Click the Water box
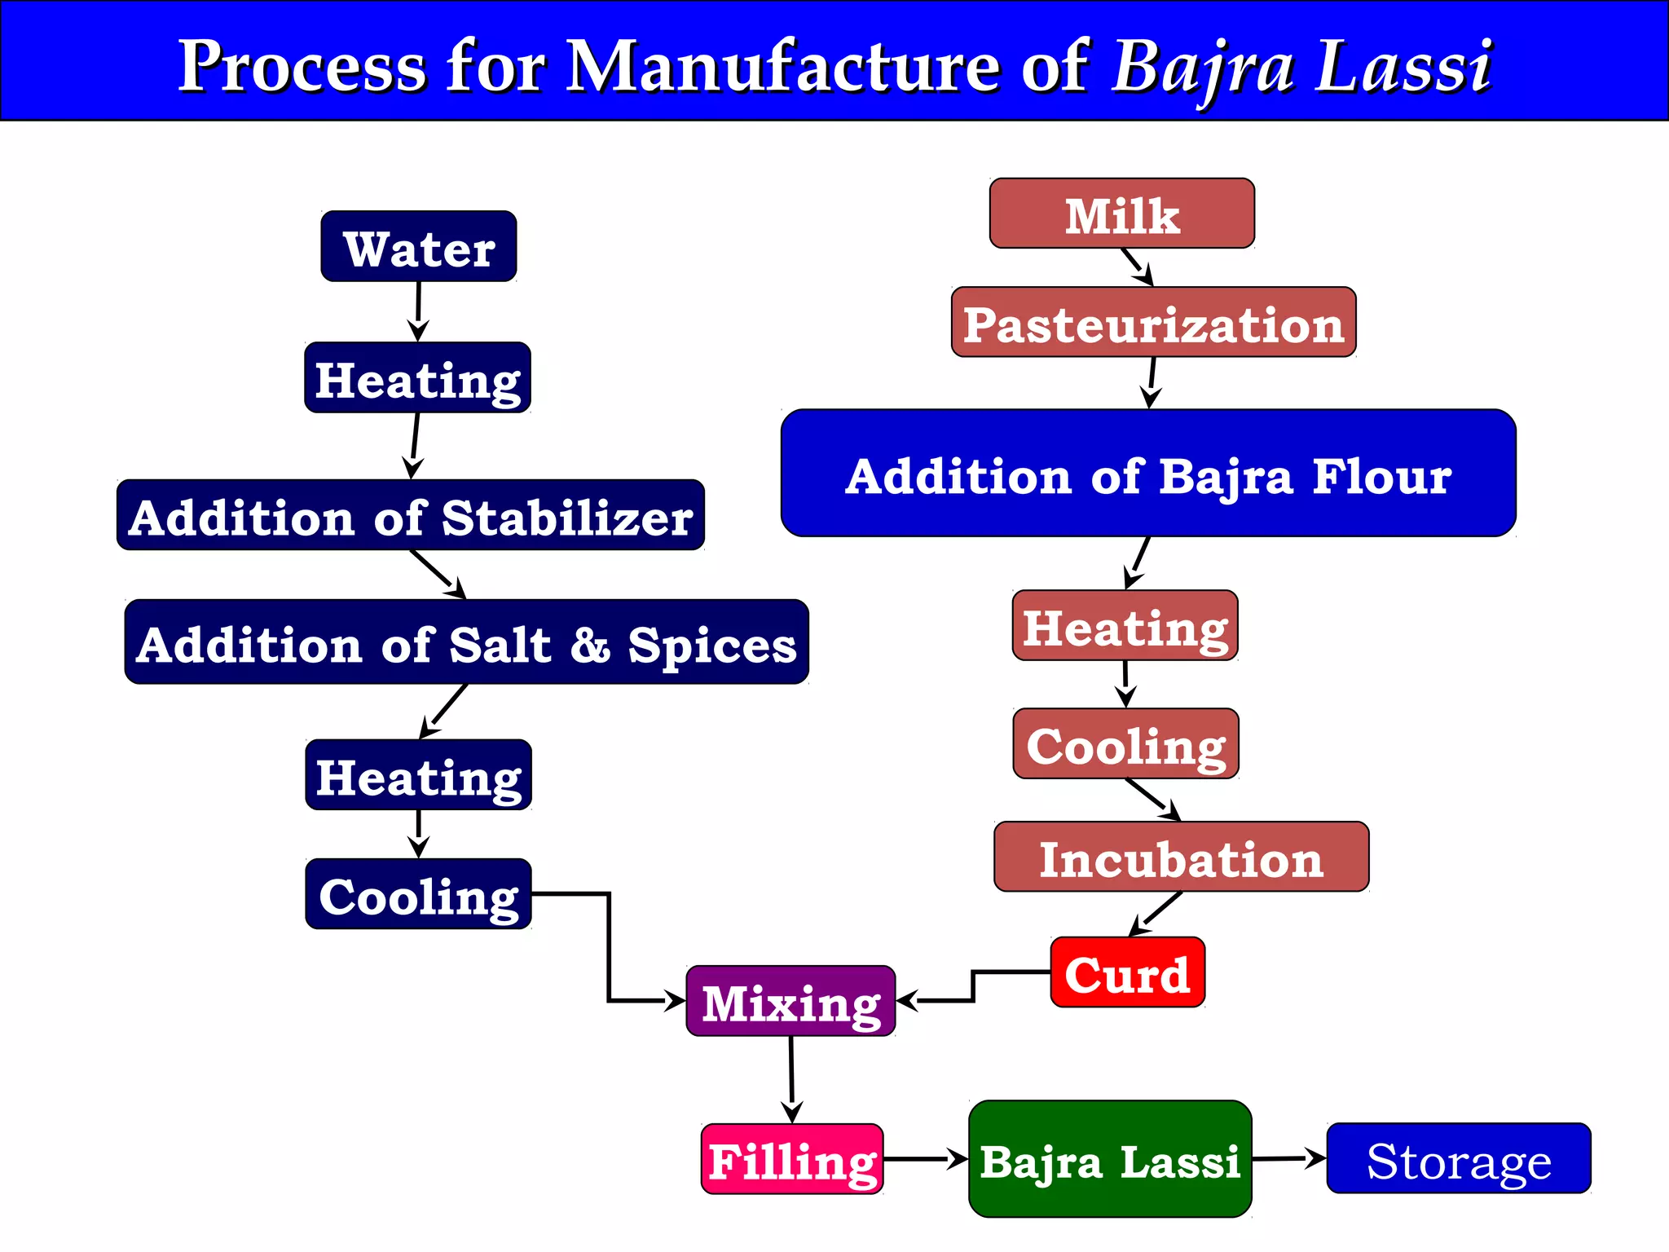(x=418, y=247)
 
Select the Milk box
(x=1121, y=214)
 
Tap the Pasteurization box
(x=1153, y=323)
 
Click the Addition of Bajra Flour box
(x=1147, y=474)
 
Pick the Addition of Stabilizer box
(x=411, y=515)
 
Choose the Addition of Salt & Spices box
(x=466, y=642)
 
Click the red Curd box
(x=1127, y=972)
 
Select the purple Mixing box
(x=790, y=1001)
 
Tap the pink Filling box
(x=792, y=1159)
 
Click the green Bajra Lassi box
(x=1109, y=1159)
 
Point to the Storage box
(x=1458, y=1158)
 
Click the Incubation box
(x=1181, y=857)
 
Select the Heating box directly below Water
(x=417, y=378)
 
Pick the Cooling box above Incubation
(x=1125, y=743)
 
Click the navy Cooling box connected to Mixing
(x=418, y=894)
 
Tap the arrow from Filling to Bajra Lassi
(x=926, y=1158)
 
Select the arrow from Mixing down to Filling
(x=791, y=1079)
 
